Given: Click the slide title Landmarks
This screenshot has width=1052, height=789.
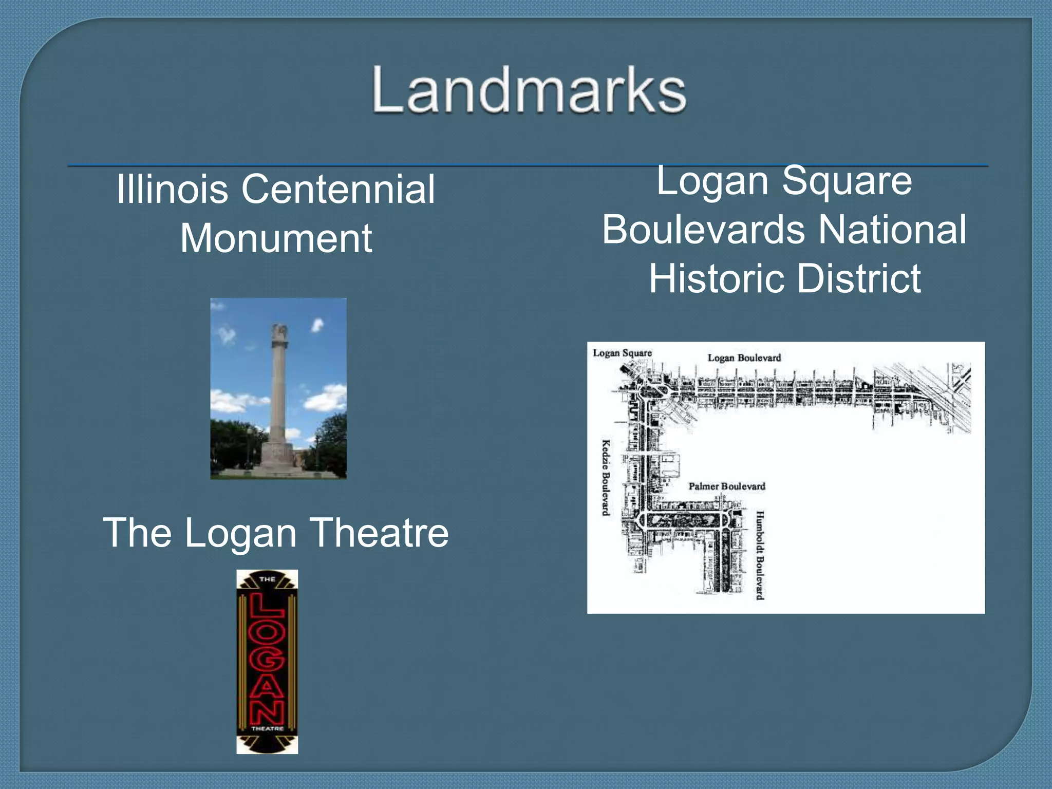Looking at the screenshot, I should click(x=529, y=90).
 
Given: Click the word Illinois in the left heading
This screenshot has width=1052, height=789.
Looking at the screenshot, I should click(x=172, y=189).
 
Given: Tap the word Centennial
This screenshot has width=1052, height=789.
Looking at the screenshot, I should click(x=339, y=189).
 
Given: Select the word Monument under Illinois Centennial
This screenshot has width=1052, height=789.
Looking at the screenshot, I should click(x=276, y=238).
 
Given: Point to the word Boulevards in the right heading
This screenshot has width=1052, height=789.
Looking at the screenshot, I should click(x=704, y=229).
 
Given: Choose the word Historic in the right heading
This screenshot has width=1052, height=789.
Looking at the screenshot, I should click(x=717, y=278).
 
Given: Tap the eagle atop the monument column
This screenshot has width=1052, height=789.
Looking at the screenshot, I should click(x=280, y=331).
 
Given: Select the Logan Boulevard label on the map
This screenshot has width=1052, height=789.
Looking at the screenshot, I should click(x=744, y=358).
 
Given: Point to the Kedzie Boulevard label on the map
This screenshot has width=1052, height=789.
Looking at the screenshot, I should click(x=606, y=477).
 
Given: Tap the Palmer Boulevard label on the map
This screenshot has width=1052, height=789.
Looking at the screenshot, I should click(x=727, y=486).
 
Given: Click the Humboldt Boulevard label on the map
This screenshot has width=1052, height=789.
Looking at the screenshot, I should click(x=760, y=555).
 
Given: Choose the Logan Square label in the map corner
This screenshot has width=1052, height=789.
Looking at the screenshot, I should click(x=622, y=353).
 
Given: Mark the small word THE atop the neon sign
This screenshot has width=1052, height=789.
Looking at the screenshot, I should click(x=267, y=579).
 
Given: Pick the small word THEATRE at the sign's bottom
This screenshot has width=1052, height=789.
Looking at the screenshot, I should click(x=267, y=728).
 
